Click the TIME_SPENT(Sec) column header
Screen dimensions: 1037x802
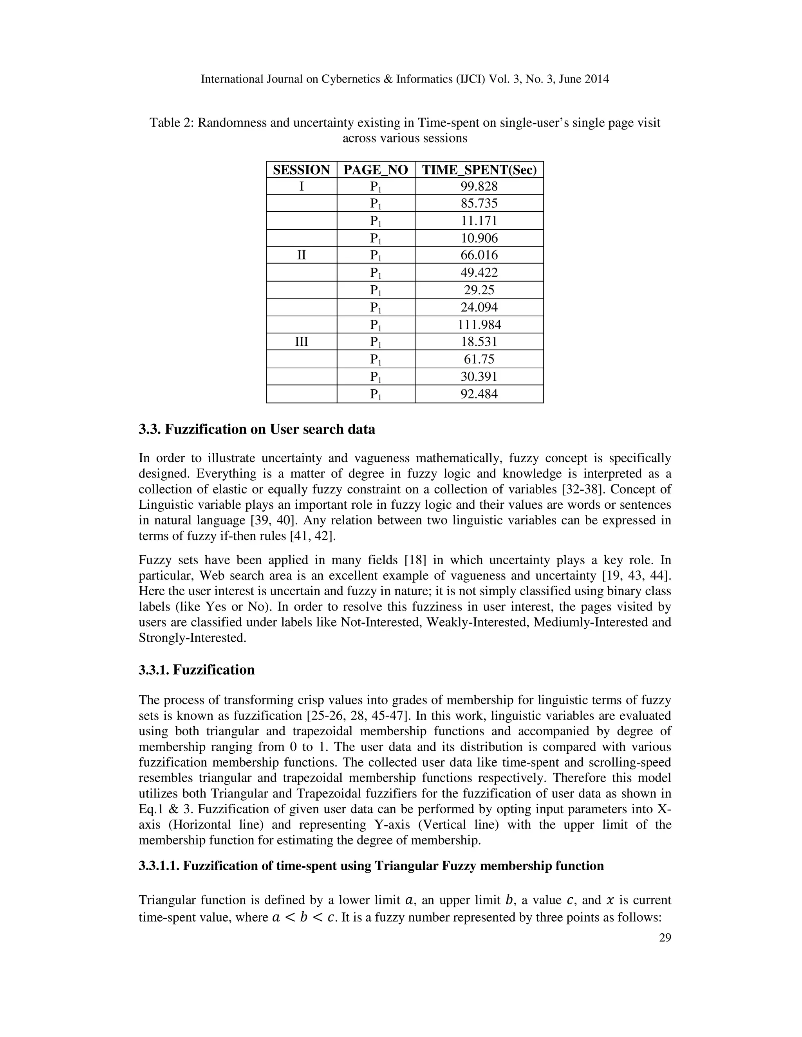479,170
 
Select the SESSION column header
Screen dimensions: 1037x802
301,170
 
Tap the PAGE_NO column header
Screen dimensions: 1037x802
375,170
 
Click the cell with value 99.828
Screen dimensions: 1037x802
479,186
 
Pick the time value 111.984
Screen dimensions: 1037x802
479,325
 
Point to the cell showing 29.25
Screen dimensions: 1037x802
479,290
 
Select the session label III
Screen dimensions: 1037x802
301,342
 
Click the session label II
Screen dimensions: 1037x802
301,256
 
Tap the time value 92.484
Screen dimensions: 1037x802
479,394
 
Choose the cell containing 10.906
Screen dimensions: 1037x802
479,238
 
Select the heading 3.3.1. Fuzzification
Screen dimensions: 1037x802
197,670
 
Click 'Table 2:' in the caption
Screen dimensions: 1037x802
172,123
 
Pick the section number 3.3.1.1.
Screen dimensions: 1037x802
159,866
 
